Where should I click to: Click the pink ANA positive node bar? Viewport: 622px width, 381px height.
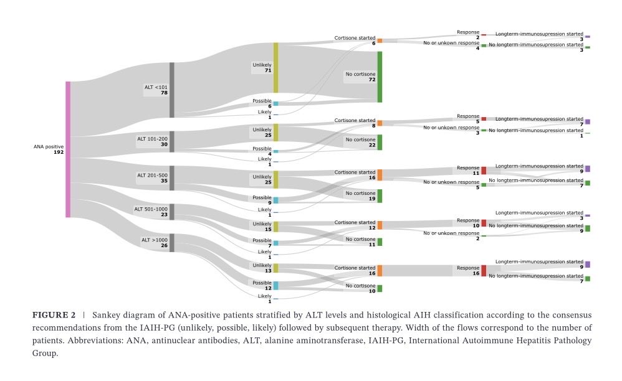click(x=68, y=149)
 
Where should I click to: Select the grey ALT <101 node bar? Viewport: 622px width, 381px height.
click(x=172, y=90)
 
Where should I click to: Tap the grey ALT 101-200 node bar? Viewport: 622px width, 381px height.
click(x=172, y=141)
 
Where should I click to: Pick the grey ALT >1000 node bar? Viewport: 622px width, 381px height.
click(x=172, y=243)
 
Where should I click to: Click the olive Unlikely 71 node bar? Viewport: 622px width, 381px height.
click(x=275, y=68)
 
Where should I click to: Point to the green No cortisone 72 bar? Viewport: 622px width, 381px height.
click(x=380, y=77)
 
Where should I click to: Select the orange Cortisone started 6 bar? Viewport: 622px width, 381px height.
click(x=380, y=40)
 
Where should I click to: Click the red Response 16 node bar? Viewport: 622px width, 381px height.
click(x=484, y=271)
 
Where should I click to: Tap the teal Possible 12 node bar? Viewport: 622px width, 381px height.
click(x=275, y=285)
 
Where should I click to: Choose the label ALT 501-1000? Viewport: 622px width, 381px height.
click(x=151, y=209)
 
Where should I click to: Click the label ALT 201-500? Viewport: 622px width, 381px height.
click(x=151, y=175)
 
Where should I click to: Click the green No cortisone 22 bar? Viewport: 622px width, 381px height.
click(x=380, y=142)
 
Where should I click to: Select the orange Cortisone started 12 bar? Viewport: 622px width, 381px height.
click(x=380, y=225)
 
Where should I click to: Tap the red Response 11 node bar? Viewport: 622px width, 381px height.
click(x=484, y=171)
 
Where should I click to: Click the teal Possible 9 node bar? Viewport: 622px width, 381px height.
click(x=275, y=200)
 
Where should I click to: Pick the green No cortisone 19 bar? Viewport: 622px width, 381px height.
click(x=380, y=196)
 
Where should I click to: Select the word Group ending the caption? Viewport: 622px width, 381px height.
click(x=44, y=353)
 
